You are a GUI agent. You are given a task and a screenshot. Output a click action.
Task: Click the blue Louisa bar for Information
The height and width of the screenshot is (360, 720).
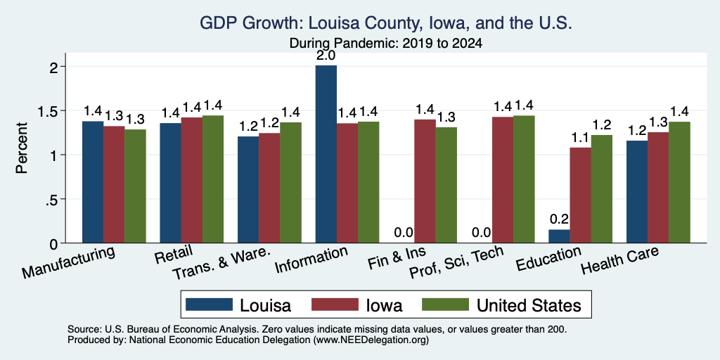pos(326,154)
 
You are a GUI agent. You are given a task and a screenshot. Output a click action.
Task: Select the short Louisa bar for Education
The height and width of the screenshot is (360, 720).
pos(559,236)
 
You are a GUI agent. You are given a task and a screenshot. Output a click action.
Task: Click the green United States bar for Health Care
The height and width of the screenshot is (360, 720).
pos(680,182)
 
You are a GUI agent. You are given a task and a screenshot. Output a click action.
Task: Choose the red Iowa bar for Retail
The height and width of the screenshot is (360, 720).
pos(191,180)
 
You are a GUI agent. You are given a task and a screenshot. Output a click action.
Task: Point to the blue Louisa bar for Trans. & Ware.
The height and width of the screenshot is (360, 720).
pos(248,190)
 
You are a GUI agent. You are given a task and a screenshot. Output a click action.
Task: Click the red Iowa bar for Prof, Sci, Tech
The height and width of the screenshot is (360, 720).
pos(503,180)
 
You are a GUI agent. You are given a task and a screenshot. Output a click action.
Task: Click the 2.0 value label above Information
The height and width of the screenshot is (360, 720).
pos(326,56)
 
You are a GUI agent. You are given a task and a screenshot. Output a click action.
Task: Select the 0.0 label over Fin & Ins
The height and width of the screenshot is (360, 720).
pos(404,233)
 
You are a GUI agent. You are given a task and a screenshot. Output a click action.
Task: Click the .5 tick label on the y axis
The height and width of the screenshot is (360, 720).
pos(56,199)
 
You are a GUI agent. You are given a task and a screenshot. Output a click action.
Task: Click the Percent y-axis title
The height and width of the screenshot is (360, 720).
pos(22,148)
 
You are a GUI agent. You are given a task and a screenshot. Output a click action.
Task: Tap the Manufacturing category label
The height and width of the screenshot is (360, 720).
pos(68,262)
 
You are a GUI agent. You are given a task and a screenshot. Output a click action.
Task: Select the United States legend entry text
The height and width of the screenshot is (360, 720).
pos(529,305)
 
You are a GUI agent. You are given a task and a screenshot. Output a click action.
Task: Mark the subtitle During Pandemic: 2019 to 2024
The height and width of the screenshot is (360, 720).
pos(386,44)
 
